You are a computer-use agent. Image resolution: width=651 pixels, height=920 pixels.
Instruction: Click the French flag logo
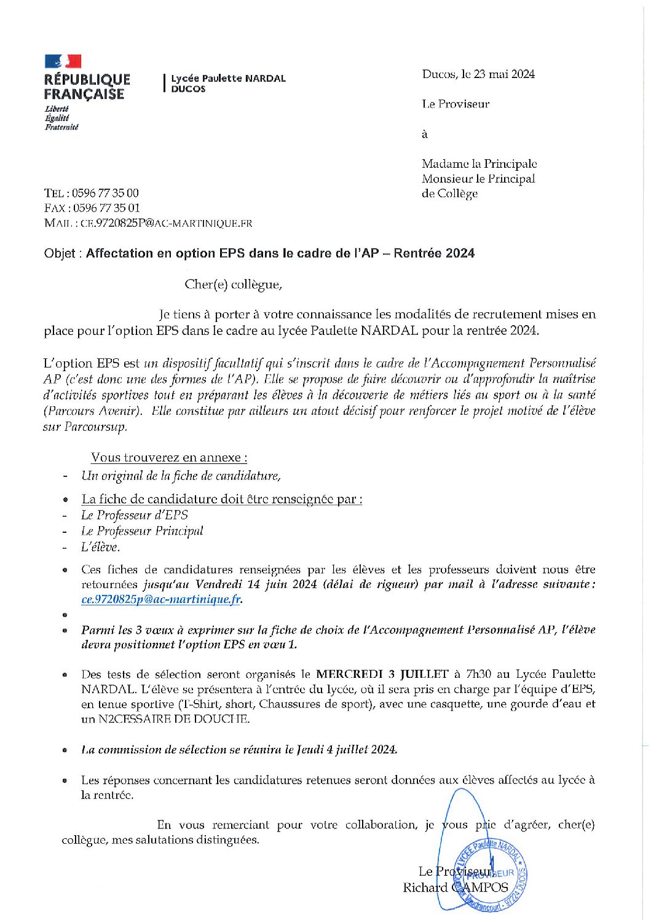(63, 61)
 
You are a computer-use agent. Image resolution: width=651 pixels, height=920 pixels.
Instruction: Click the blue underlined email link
(161, 599)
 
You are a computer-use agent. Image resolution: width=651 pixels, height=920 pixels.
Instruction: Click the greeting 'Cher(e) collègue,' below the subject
(233, 285)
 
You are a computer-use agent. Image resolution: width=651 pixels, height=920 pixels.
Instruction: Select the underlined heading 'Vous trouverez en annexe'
(169, 457)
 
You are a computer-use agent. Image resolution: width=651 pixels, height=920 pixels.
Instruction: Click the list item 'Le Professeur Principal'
(142, 531)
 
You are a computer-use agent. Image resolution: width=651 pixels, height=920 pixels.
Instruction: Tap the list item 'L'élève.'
(100, 547)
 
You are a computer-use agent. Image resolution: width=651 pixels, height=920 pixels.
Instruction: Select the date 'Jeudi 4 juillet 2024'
(347, 749)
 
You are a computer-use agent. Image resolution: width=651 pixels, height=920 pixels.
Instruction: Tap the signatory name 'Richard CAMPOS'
(456, 887)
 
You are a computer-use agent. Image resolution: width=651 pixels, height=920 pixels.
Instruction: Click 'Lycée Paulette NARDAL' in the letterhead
(228, 79)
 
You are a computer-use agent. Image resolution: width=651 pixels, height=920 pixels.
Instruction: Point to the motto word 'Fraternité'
(61, 127)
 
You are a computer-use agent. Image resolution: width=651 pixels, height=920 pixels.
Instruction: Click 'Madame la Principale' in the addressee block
(479, 164)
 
